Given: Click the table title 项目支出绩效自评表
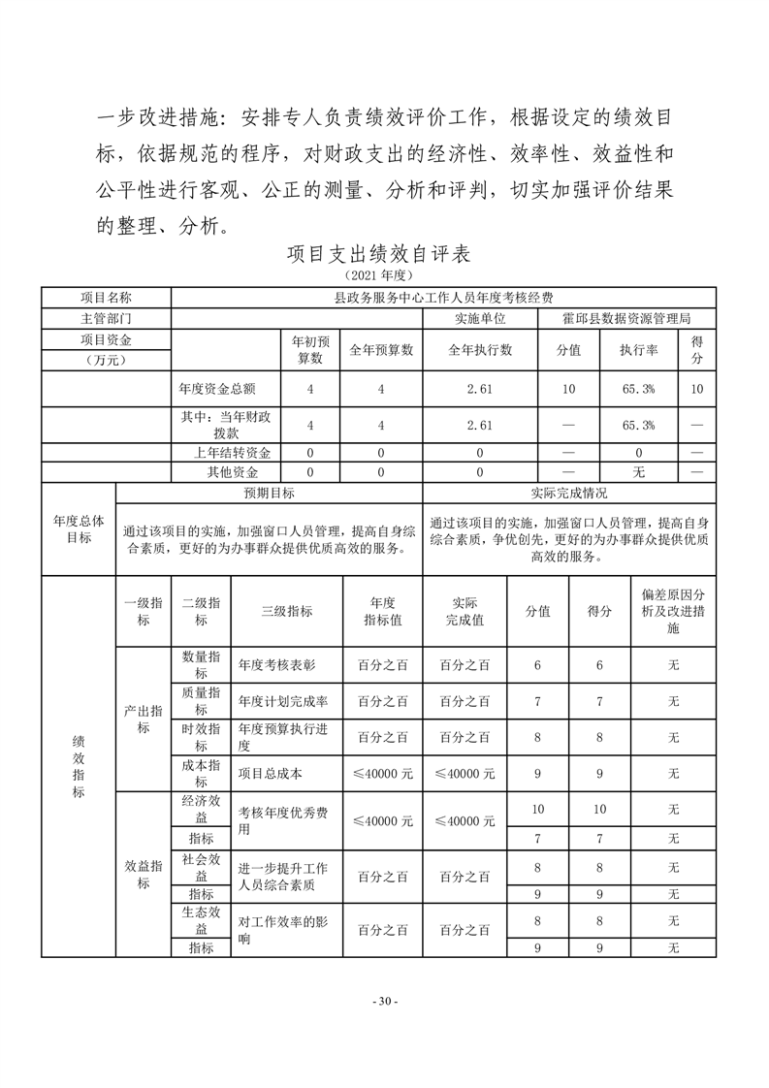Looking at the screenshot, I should (384, 255).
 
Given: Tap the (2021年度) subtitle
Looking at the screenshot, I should (384, 276).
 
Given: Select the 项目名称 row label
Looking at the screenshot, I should (106, 297).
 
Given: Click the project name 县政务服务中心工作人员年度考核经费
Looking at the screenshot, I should (443, 297).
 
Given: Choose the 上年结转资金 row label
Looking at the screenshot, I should (233, 453).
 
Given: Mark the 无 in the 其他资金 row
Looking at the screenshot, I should (639, 472).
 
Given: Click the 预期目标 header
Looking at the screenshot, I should (269, 493).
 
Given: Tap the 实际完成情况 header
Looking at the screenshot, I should (569, 493).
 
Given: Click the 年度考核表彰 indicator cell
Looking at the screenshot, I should (277, 665).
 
